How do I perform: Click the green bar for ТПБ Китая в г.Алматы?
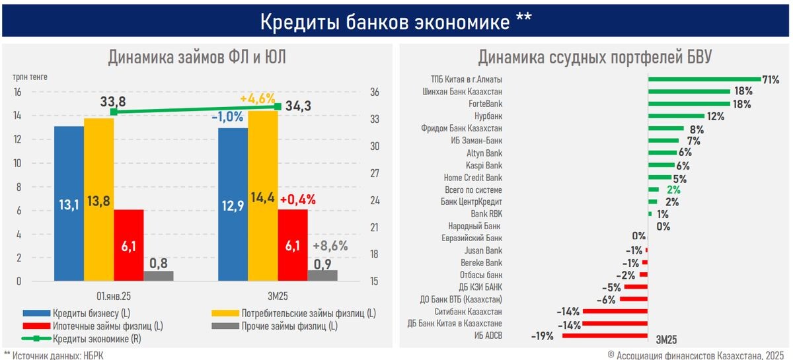[x=704, y=79]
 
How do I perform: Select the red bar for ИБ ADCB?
[x=605, y=336]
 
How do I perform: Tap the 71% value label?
[x=772, y=79]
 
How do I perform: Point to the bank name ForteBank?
[x=485, y=104]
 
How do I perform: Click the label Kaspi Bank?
[x=484, y=165]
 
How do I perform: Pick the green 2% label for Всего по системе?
[x=673, y=190]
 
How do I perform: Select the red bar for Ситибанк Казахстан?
[x=615, y=311]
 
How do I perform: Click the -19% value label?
[x=542, y=336]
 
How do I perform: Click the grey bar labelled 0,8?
[x=158, y=276]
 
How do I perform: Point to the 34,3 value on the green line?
[x=304, y=106]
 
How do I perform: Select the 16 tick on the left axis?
[x=18, y=92]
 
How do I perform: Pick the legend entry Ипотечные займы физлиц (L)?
[x=106, y=326]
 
